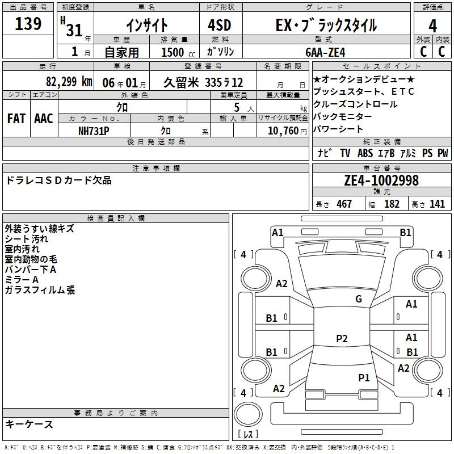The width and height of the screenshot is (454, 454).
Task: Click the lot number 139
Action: (28, 24)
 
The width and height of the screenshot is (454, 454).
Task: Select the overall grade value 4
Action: (432, 26)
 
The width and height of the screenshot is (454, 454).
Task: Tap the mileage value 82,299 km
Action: (69, 82)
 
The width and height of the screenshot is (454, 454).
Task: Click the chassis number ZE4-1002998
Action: (381, 180)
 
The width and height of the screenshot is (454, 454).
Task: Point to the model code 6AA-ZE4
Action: (325, 52)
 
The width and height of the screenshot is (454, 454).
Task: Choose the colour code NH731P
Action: (94, 131)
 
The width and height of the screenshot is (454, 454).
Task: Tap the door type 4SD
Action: (220, 25)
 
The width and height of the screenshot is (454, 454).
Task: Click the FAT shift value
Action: (16, 119)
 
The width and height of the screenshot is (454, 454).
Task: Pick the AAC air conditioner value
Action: (44, 119)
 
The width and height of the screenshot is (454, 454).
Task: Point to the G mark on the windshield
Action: (359, 299)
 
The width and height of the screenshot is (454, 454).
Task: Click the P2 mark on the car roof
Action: (342, 338)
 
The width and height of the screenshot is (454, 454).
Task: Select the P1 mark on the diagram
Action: (364, 377)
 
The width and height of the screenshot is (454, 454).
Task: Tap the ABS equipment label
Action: (365, 153)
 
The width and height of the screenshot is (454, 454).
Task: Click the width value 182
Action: (392, 204)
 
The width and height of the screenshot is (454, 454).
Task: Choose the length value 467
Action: (344, 204)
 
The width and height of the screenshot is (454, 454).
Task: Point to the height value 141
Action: (437, 204)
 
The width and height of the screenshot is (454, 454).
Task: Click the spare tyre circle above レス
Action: (248, 414)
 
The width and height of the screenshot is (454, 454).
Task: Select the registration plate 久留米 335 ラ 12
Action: (203, 82)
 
